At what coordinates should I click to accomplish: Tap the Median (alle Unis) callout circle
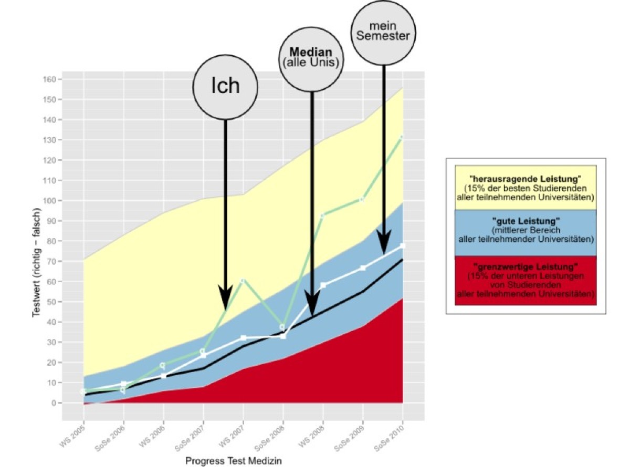tap(312, 58)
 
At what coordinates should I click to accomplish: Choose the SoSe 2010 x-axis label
tap(390, 436)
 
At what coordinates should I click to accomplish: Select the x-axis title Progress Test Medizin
tap(234, 461)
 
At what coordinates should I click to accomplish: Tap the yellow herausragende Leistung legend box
tap(526, 188)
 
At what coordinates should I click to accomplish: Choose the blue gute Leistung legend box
tap(526, 233)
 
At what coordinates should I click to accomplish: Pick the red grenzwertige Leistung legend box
tap(526, 280)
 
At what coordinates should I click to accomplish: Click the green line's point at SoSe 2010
tap(402, 138)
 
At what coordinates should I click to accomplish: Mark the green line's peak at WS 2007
tap(243, 281)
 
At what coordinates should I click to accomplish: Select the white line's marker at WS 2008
tap(323, 285)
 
